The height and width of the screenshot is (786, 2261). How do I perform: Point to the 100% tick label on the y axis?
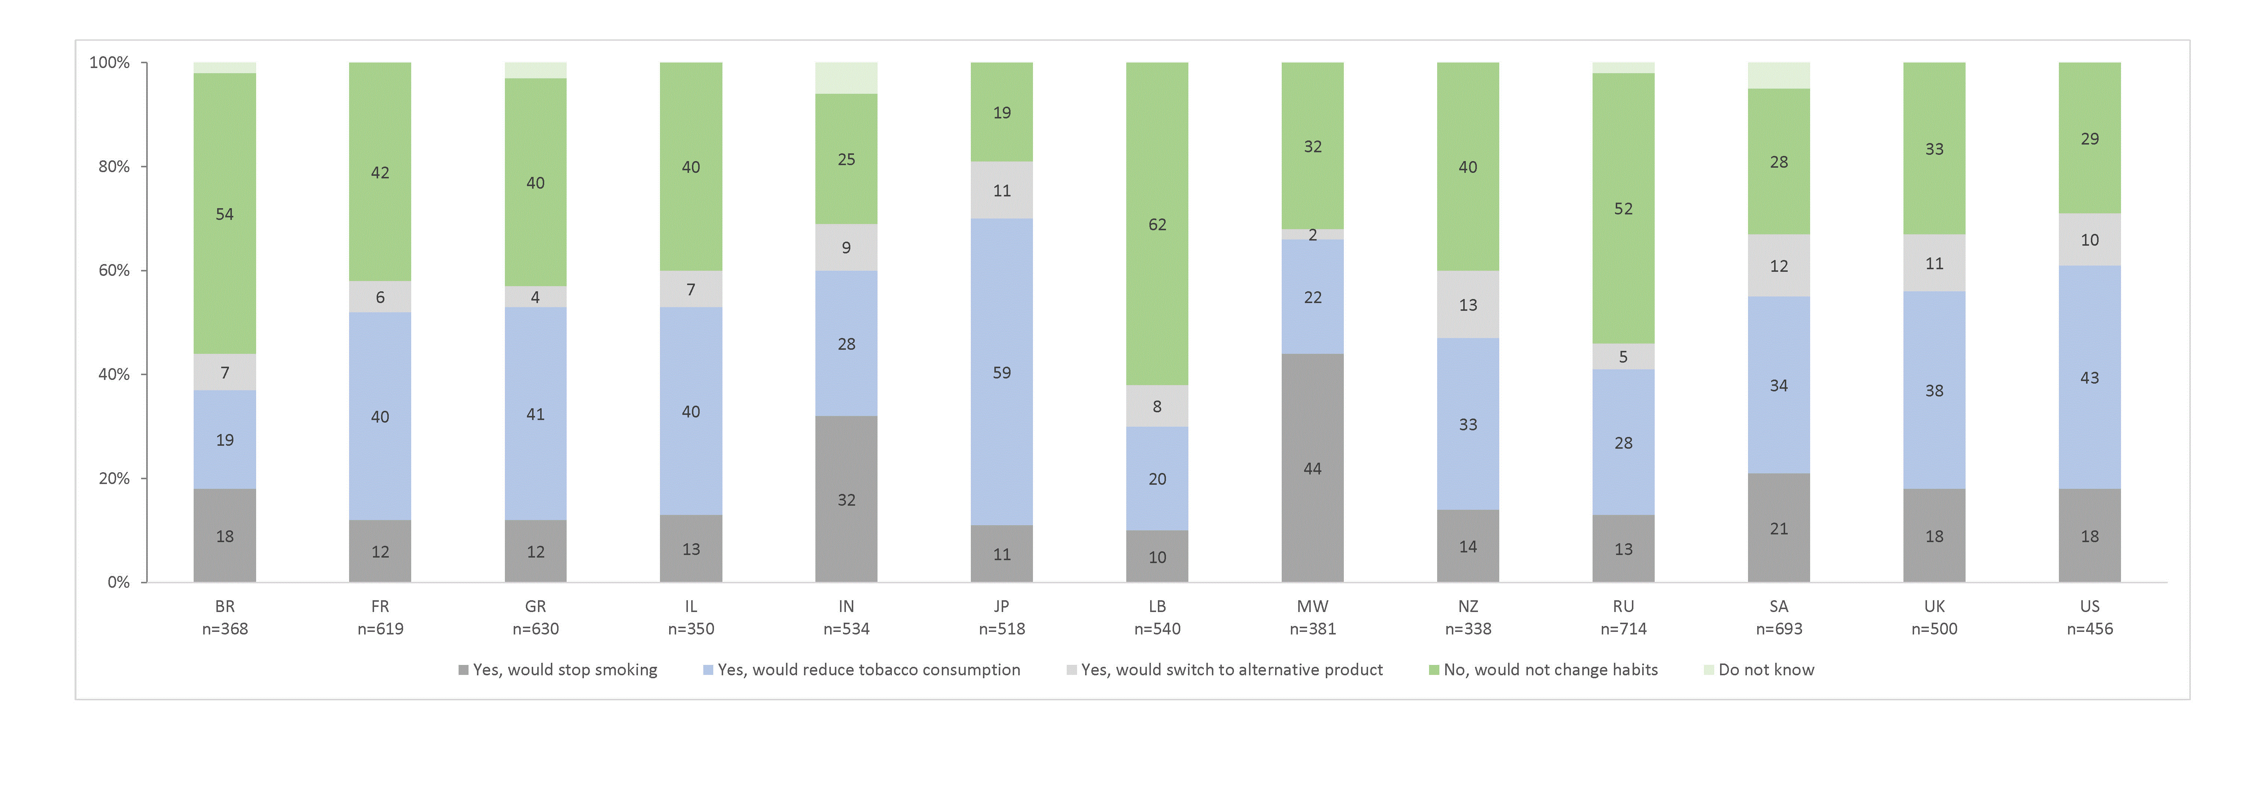pos(110,63)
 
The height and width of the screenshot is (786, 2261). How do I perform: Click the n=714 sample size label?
pos(1623,629)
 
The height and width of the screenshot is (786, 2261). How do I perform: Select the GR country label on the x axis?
pos(535,606)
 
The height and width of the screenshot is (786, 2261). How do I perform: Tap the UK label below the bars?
pos(1934,606)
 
